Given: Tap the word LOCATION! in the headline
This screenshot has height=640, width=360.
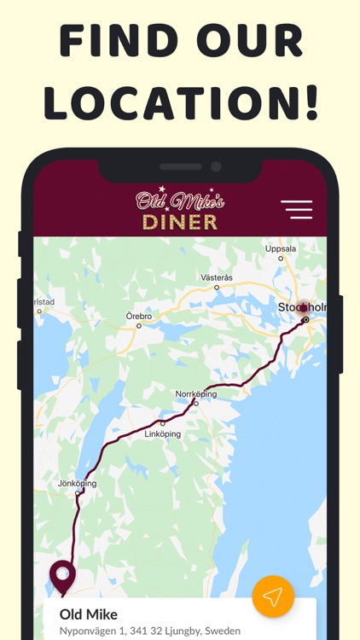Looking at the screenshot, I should point(181,101).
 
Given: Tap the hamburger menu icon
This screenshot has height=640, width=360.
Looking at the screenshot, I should point(296,209).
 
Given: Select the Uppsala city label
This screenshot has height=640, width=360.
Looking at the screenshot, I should point(281,248).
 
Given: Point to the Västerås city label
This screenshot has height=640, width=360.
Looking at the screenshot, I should point(216,277).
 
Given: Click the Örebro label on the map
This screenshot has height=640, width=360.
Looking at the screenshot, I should point(139,316).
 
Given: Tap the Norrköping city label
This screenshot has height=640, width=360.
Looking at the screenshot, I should point(196,394).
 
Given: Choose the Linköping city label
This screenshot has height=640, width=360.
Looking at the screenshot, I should point(163,433).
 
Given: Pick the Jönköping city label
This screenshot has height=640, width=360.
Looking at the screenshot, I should point(77,484).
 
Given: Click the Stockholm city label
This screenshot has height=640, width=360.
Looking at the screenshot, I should point(303,307).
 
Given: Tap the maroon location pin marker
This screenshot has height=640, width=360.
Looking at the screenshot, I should point(62,576).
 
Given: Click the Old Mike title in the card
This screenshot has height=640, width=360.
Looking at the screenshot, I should point(89,614).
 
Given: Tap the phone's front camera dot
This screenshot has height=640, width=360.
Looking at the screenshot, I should point(215,166).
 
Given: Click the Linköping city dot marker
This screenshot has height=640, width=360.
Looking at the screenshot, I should point(163,423).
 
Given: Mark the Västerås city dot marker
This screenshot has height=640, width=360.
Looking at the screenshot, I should point(217,288).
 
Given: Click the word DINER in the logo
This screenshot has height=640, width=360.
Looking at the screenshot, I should point(179,222).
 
